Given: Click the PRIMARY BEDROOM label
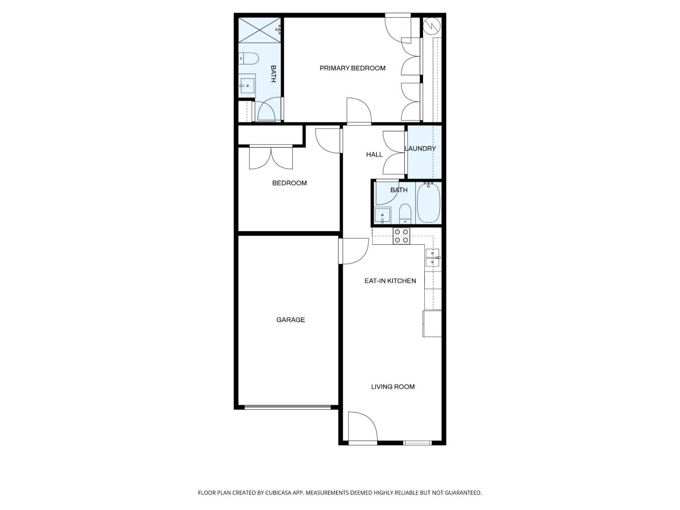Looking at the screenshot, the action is (352, 68).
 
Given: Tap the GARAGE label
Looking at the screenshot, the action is (290, 320).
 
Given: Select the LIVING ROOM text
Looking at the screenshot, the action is (393, 386).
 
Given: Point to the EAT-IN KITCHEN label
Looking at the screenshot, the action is (390, 281).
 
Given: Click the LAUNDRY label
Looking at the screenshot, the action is (420, 149).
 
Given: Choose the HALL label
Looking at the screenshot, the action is (374, 155).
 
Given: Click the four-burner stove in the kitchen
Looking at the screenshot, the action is (402, 236).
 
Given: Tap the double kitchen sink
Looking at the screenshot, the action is (432, 257).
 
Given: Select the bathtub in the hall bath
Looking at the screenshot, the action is (429, 203).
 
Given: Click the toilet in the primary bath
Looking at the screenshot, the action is (249, 58).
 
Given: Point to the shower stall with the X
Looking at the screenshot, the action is (260, 30).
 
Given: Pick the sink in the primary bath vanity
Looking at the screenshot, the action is (247, 86).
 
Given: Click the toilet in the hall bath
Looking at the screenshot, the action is (405, 214).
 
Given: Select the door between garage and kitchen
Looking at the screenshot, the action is (354, 251).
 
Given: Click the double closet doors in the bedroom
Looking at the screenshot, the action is (271, 157).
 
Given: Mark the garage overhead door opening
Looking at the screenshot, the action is (288, 407).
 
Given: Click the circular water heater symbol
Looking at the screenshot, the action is (432, 26).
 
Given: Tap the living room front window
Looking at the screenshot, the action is (418, 443).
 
